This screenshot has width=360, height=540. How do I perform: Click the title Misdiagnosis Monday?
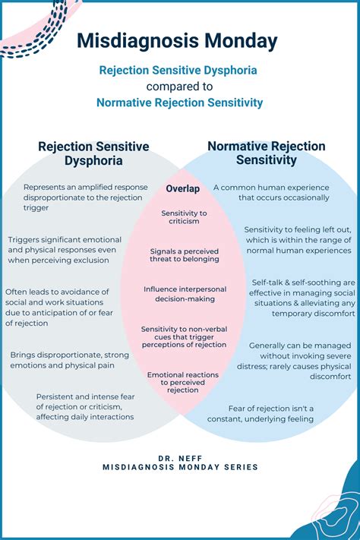coord(177,41)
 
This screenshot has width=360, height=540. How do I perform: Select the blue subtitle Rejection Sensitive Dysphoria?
coord(178,71)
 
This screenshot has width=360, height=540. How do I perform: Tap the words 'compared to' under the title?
coord(179,87)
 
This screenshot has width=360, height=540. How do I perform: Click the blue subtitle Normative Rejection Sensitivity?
coord(179,103)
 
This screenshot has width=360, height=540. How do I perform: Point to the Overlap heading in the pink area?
coord(182,188)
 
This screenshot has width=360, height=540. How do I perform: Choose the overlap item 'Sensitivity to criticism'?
coord(184,217)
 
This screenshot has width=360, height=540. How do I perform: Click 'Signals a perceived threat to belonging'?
coord(185,255)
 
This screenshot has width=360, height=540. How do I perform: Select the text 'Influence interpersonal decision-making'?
coord(185,294)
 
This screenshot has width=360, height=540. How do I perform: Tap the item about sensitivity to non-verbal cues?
coord(184,336)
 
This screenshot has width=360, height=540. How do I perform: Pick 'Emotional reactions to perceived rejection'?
coord(183,382)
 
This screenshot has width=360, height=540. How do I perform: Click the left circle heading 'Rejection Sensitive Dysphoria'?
coord(93,153)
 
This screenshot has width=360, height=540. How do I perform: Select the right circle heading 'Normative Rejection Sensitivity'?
coord(267,153)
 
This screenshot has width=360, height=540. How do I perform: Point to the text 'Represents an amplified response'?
coord(85,187)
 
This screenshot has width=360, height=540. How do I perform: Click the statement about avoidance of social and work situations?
coord(59,307)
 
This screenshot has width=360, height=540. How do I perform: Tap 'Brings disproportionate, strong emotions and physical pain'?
coord(70,360)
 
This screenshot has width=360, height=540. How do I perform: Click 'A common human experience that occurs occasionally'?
coord(271,192)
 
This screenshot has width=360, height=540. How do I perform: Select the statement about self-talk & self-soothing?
coord(302,298)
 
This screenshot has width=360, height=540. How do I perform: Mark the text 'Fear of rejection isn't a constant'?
coord(261,414)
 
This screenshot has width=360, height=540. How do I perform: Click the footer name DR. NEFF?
coord(180,459)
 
